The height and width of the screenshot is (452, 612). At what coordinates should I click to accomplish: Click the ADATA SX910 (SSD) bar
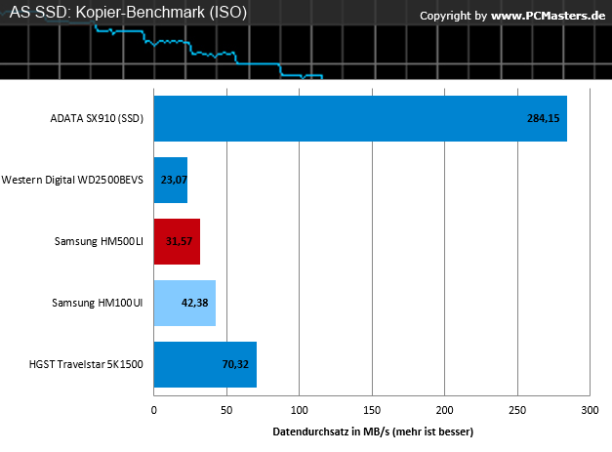tap(360, 118)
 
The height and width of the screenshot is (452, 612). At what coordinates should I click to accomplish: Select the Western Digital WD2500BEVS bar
tap(171, 180)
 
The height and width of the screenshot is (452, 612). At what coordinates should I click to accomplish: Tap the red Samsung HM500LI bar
tap(177, 241)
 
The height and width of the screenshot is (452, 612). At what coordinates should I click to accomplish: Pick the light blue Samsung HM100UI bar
tap(184, 303)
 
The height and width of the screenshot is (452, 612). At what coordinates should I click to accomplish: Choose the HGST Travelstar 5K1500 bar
tap(205, 364)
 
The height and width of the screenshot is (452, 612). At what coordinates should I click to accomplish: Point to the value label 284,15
tap(544, 118)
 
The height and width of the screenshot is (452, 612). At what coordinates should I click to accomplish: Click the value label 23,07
tap(174, 180)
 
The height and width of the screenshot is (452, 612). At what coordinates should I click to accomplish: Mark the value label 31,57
tap(179, 241)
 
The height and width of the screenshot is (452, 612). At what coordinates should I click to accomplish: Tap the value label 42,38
tap(195, 303)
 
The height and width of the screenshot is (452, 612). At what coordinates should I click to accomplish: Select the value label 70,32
tap(235, 364)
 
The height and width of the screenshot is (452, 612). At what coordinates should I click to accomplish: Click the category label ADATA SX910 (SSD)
tap(97, 118)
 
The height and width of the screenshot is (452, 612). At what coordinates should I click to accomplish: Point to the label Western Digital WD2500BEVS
tap(72, 180)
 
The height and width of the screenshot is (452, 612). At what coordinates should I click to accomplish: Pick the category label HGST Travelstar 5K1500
tap(86, 364)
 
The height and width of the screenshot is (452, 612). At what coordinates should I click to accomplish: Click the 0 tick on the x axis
tap(154, 410)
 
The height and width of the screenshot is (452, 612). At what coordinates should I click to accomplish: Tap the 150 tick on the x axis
tap(372, 410)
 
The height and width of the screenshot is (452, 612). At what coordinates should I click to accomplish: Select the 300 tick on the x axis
tap(590, 410)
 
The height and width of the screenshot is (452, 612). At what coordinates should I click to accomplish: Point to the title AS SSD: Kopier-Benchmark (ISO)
tap(128, 12)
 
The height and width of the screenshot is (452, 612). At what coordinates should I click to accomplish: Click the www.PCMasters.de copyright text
tap(548, 16)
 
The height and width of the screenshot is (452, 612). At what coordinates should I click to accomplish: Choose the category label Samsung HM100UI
tap(98, 303)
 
